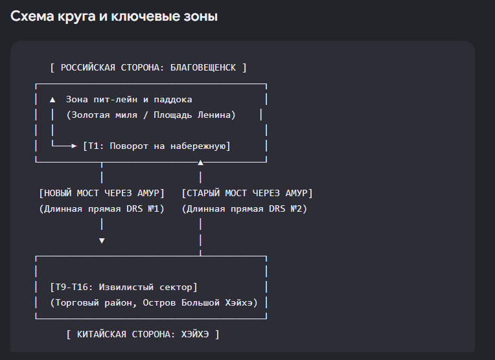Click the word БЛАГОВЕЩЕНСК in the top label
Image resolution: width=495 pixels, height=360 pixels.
click(203, 67)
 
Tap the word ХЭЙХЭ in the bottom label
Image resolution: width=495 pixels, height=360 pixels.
click(195, 334)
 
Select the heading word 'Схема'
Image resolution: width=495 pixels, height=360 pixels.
click(32, 16)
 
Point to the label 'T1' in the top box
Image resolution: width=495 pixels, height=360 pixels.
click(93, 146)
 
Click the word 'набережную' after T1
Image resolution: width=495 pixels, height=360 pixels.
click(198, 146)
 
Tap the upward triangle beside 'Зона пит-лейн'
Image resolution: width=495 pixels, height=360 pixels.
click(52, 100)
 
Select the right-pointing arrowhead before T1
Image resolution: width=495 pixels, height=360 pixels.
click(75, 146)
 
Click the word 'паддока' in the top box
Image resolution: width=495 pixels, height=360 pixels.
click(173, 100)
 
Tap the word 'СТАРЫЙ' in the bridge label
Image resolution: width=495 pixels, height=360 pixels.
click(203, 193)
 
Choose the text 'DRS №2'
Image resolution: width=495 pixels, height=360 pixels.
click(285, 209)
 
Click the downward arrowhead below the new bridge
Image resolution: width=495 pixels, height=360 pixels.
click(102, 241)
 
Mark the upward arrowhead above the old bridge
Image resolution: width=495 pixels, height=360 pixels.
click(200, 163)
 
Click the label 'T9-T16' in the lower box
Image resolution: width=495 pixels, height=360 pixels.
click(71, 287)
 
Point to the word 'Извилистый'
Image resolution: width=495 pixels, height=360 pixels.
click(126, 287)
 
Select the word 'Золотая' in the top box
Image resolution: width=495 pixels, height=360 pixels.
click(91, 115)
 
